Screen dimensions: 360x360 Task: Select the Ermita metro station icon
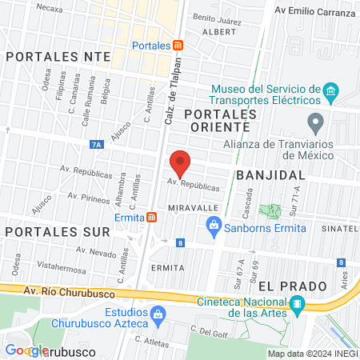coord(151,217)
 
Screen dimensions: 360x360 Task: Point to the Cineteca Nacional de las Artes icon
coord(298,303)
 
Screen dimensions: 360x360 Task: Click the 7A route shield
coord(96,145)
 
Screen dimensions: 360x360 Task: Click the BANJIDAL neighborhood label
coord(271,174)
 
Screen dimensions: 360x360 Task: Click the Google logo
coord(26,350)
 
